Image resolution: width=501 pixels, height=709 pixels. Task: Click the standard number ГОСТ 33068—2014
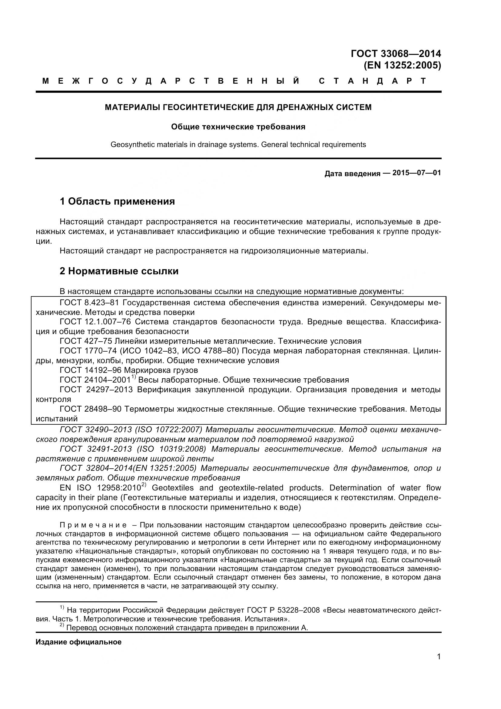pos(396,54)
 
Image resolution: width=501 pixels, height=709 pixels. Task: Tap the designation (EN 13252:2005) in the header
pos(402,65)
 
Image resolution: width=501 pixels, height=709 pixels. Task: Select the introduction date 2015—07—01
pos(416,172)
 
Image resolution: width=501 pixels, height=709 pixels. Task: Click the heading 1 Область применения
pos(117,201)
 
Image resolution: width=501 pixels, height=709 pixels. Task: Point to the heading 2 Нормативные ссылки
pos(119,271)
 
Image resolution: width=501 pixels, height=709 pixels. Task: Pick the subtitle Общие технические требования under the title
pos(238,127)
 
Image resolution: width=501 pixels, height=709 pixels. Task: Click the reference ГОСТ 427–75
pos(85,341)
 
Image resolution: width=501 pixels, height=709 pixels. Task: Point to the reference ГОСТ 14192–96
pos(89,370)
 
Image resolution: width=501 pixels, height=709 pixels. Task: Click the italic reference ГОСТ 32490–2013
pos(96,430)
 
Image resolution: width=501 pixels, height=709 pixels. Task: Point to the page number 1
pos(439,665)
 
